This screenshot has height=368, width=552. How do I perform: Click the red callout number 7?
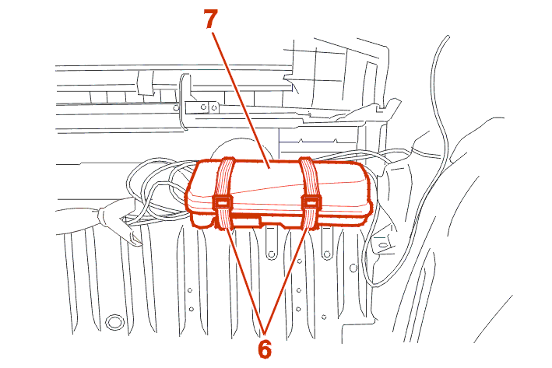[210, 19]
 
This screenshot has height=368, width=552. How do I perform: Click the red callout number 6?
[265, 349]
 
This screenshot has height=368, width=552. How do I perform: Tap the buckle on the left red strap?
[222, 202]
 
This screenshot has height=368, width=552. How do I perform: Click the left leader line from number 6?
[246, 279]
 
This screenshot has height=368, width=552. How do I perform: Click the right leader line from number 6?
[287, 279]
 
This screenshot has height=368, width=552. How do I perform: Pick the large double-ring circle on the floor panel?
[114, 322]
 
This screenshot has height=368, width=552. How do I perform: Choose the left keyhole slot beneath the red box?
[271, 243]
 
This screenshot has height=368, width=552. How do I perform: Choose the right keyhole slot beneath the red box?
[326, 243]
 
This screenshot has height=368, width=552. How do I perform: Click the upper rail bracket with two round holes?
[202, 107]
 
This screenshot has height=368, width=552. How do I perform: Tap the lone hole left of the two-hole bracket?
[177, 108]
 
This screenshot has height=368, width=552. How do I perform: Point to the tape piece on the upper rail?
[146, 82]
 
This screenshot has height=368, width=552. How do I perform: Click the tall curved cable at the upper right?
[439, 106]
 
